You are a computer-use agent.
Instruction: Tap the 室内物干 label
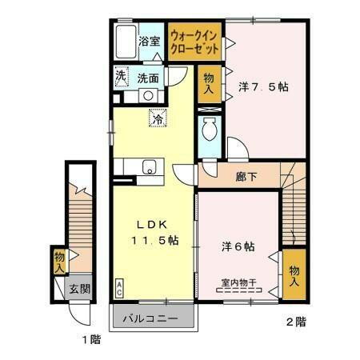238,282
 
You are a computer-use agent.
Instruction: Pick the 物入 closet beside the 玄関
59,261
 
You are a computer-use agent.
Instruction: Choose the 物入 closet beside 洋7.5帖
207,82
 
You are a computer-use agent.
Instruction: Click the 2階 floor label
295,323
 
